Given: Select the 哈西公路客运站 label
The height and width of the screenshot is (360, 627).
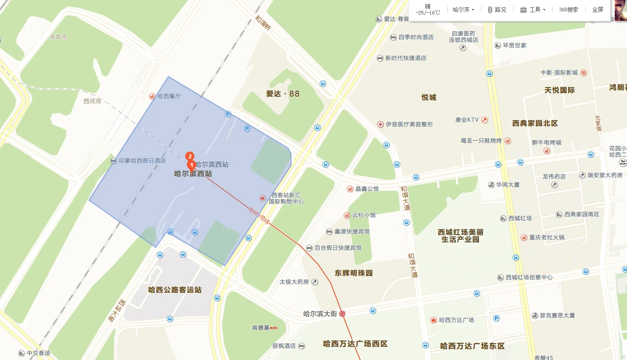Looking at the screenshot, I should [x=175, y=290].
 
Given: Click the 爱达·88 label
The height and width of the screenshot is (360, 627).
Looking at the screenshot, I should [x=283, y=94].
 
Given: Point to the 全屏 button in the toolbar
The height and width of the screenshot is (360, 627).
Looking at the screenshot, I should [x=597, y=10].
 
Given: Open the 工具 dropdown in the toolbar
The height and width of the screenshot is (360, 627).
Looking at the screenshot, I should [x=533, y=10].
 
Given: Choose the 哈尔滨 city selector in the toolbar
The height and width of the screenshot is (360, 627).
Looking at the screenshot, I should [x=464, y=10].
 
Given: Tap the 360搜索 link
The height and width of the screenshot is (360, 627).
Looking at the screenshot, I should [x=568, y=10].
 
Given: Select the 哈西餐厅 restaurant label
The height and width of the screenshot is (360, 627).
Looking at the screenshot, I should [x=168, y=96].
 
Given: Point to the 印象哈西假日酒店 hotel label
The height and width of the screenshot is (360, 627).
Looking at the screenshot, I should [x=142, y=161].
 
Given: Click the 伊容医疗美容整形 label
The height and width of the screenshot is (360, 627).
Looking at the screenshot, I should [x=409, y=124].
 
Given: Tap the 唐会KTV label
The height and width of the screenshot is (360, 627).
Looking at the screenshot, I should [x=467, y=120].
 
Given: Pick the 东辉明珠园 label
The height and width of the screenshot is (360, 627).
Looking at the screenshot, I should [x=354, y=273].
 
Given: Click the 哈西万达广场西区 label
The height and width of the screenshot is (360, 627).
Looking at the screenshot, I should [x=355, y=344].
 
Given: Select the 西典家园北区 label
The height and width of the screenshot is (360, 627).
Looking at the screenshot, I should [x=535, y=123].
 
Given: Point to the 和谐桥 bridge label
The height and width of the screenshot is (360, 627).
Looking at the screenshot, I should [x=263, y=24].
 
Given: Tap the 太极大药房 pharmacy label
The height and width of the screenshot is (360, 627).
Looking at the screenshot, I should [x=294, y=282].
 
